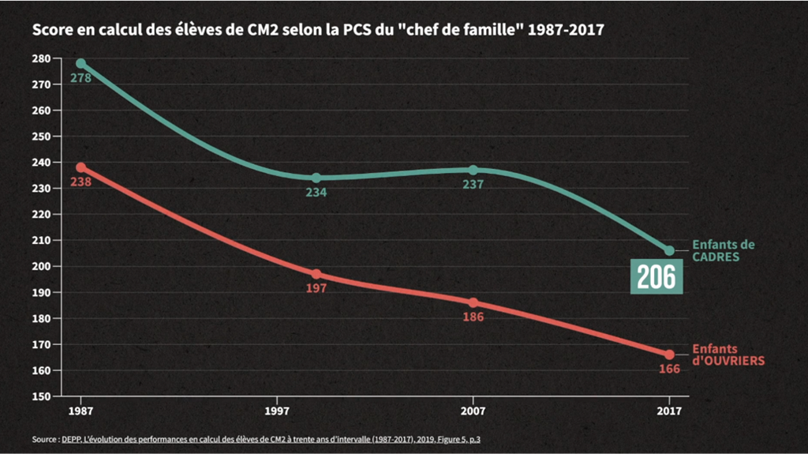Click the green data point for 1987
tap(80, 63)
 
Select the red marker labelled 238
tap(80, 167)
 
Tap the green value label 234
tap(316, 192)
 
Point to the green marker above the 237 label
tap(473, 170)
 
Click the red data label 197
tap(316, 288)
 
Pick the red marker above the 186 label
tap(473, 302)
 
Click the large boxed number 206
tap(656, 276)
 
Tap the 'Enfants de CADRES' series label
tap(723, 251)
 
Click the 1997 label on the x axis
tap(276, 411)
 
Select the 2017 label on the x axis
tap(669, 411)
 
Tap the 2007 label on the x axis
tap(473, 411)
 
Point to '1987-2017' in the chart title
tap(564, 32)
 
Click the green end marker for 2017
tap(669, 250)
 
